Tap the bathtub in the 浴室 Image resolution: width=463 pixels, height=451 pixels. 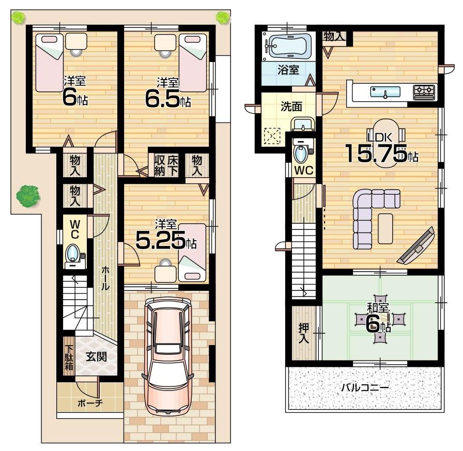coord(288,46)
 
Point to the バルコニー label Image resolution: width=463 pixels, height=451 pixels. coord(364,387)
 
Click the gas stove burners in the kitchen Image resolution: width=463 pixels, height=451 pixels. coord(425,91)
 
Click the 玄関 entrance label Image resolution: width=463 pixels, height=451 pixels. coord(97,356)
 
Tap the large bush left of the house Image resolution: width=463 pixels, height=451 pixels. coord(27,196)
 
